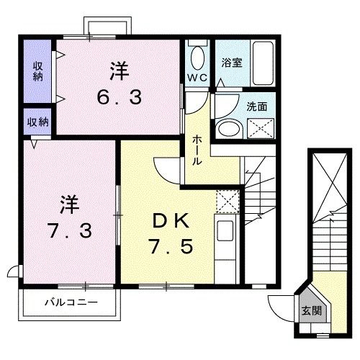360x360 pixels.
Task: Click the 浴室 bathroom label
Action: point(232,62)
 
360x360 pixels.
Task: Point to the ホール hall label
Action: point(196,150)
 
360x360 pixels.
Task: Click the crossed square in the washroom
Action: point(259,128)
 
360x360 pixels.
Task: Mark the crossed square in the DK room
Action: point(227,199)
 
